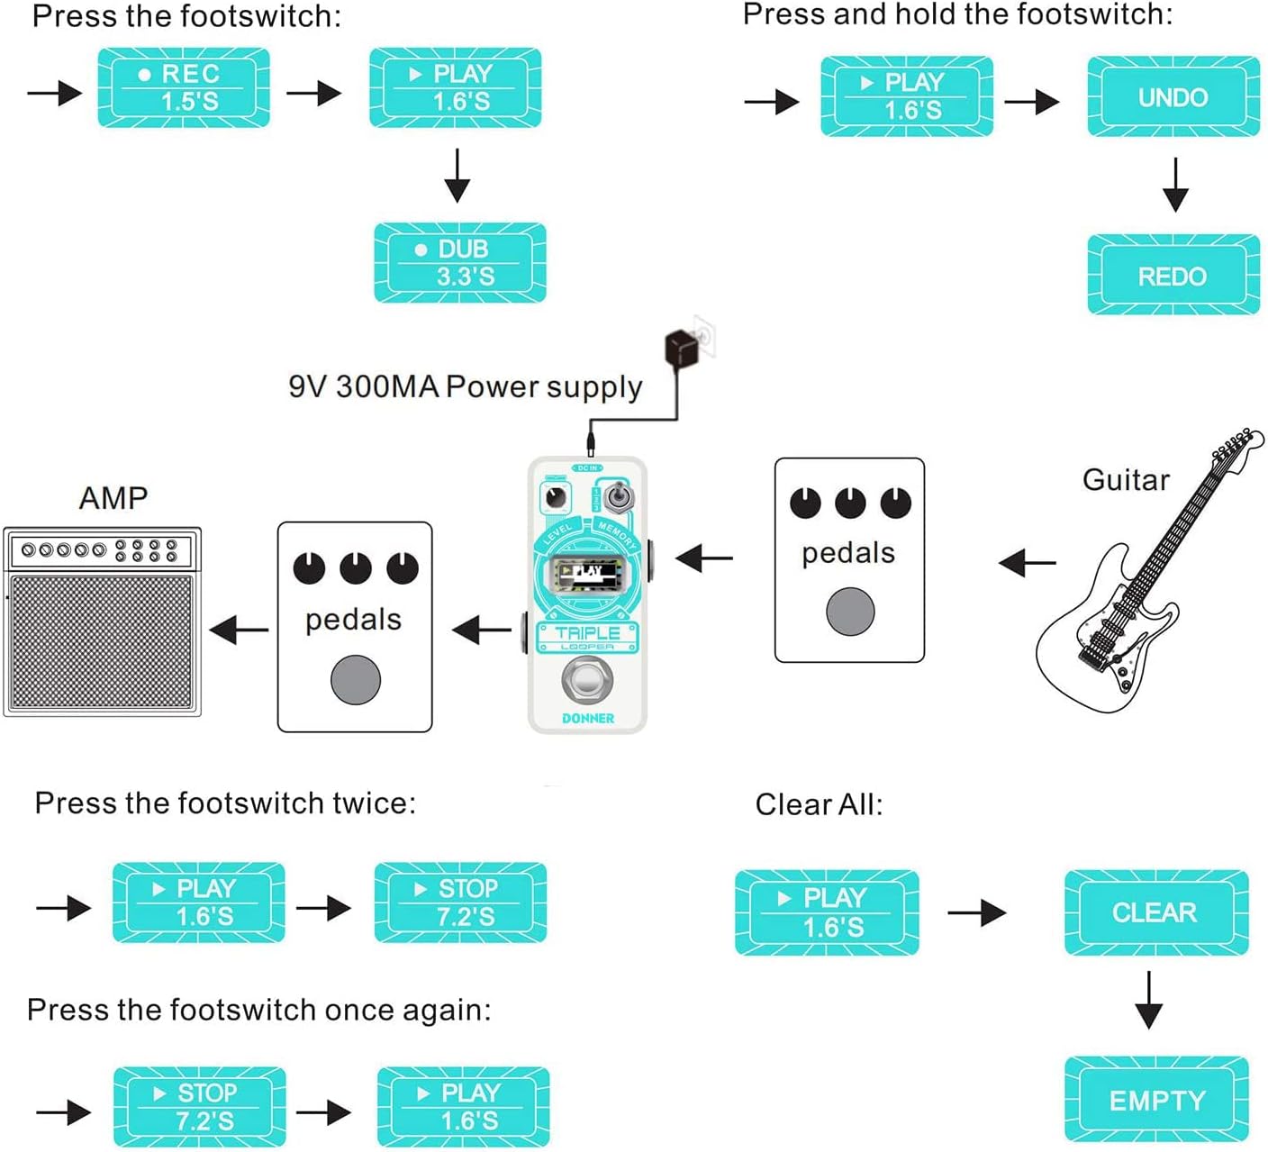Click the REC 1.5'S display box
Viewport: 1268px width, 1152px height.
(184, 87)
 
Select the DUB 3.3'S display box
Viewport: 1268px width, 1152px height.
(460, 262)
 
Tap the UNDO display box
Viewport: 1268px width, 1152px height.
(1173, 96)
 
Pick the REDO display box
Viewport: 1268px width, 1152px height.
(1173, 275)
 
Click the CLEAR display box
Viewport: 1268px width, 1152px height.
(1155, 912)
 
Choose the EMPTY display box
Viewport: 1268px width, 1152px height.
(1156, 1100)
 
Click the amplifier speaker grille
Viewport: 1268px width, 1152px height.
(102, 642)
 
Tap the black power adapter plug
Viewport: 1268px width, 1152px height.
(682, 348)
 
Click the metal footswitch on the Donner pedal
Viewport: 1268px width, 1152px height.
(587, 681)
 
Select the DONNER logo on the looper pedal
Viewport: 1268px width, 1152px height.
(587, 718)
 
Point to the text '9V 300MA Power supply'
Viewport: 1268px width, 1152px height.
(465, 386)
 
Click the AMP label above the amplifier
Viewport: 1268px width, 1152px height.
(113, 497)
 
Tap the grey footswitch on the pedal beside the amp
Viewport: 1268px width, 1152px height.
(356, 680)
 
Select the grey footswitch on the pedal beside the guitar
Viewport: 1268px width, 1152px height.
(850, 612)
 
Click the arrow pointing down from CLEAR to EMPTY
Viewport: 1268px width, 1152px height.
(1148, 1000)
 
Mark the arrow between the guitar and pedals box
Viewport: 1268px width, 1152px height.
(1028, 564)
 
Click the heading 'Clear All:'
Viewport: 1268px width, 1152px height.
(819, 804)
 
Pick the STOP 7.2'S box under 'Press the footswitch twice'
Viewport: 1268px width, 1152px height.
(460, 903)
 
